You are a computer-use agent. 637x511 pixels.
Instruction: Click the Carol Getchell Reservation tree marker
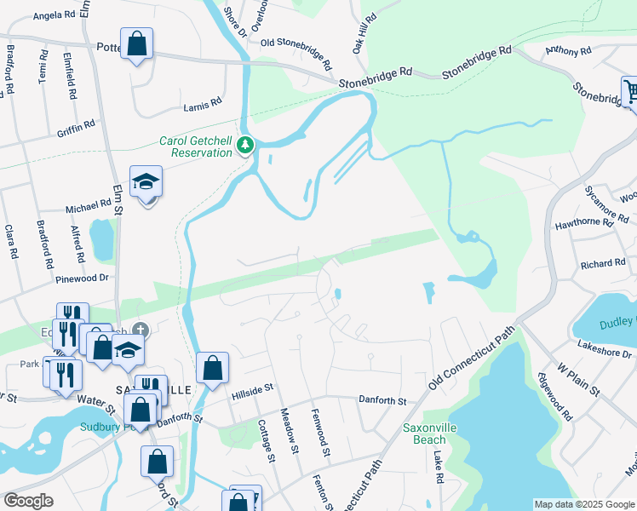(x=245, y=145)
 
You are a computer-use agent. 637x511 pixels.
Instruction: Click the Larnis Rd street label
(x=203, y=107)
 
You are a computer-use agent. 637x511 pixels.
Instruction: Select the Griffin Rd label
(x=76, y=128)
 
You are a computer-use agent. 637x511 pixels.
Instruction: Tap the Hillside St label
(x=251, y=388)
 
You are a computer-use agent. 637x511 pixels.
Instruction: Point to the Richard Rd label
(x=603, y=264)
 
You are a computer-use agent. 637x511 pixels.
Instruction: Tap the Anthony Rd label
(x=568, y=52)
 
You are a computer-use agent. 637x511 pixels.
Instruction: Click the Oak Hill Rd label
(x=364, y=38)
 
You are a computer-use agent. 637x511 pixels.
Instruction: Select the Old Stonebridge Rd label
(x=296, y=51)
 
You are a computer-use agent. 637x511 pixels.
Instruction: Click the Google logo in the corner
(x=28, y=501)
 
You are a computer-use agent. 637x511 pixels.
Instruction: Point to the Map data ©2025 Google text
(x=584, y=504)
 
